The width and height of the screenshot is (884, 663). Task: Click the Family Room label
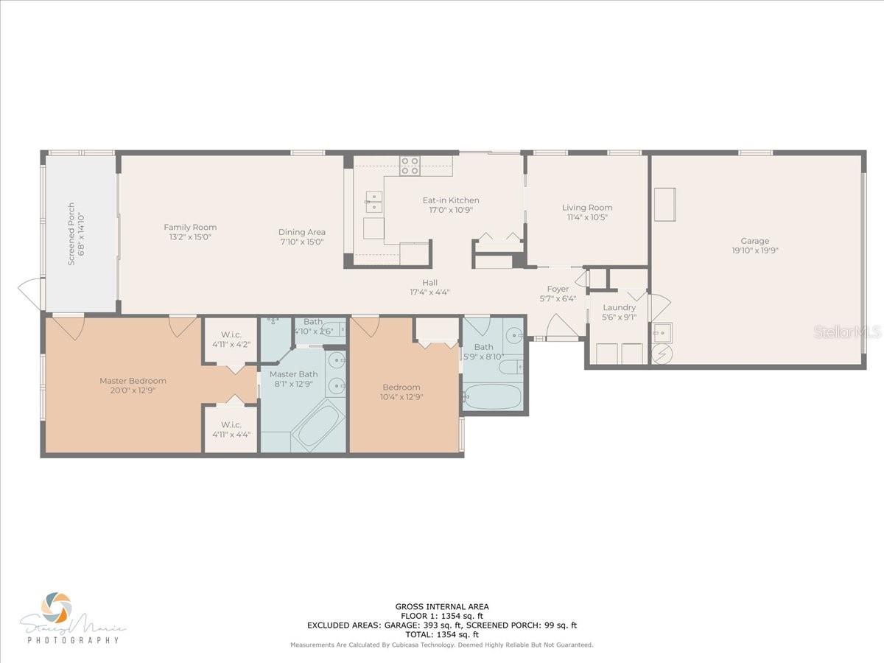190,227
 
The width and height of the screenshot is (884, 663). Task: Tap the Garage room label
754,241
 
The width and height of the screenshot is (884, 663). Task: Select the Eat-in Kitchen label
450,200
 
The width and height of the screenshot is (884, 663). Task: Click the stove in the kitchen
410,166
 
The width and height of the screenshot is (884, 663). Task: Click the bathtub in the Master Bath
318,427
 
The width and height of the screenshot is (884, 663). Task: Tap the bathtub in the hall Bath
493,396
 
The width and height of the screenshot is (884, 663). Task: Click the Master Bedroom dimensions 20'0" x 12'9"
133,390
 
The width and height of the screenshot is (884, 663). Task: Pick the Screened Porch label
71,234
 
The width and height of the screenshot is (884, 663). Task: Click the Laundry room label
619,307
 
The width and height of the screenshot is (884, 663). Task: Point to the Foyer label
558,289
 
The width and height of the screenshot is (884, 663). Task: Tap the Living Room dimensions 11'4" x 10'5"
587,217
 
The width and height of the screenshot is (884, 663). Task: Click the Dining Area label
301,232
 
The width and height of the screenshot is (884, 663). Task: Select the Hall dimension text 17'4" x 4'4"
429,292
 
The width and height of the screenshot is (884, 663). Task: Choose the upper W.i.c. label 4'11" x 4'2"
231,344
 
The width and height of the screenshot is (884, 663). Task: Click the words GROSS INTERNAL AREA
441,606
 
